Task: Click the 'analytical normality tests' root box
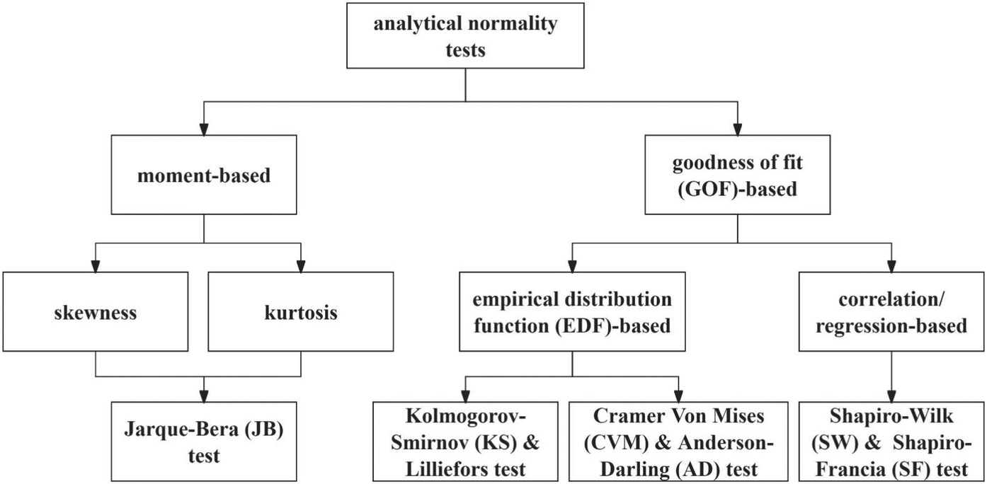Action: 465,35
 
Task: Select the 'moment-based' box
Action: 204,175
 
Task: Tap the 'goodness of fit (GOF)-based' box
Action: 738,175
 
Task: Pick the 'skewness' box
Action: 95,312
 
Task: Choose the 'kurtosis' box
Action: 301,312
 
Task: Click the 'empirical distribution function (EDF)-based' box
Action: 572,312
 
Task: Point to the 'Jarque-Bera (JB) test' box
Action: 204,442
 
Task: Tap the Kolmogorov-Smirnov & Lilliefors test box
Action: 464,442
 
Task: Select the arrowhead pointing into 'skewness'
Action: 95,267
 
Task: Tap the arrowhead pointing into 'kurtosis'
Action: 301,267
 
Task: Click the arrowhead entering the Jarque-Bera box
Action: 204,395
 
